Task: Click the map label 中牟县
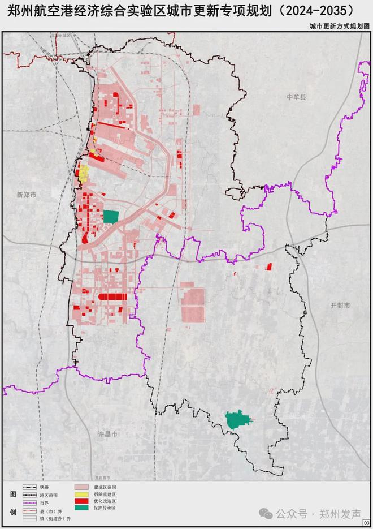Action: [295, 97]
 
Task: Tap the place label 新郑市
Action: [27, 195]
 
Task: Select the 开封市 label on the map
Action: [341, 306]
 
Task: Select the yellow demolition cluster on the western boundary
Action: [84, 173]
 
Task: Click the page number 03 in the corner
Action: [367, 523]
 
